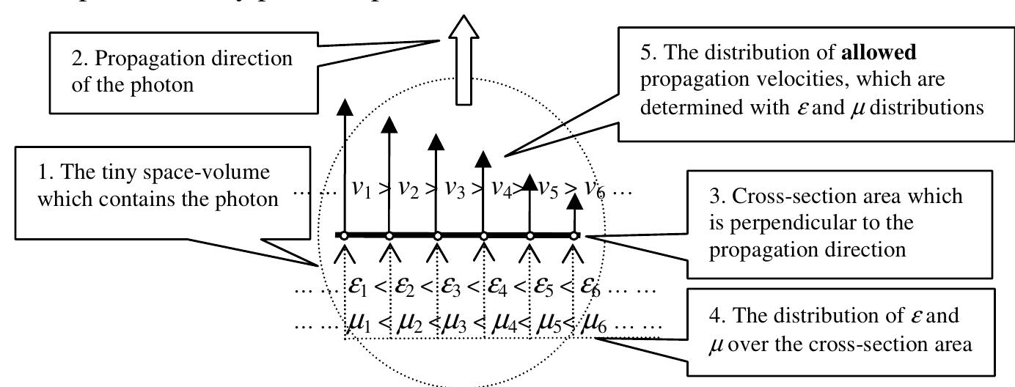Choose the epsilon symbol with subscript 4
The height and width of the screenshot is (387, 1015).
pyautogui.click(x=499, y=284)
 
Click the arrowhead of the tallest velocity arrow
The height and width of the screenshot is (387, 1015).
pyautogui.click(x=342, y=106)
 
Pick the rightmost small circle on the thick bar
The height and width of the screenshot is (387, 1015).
pyautogui.click(x=574, y=235)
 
